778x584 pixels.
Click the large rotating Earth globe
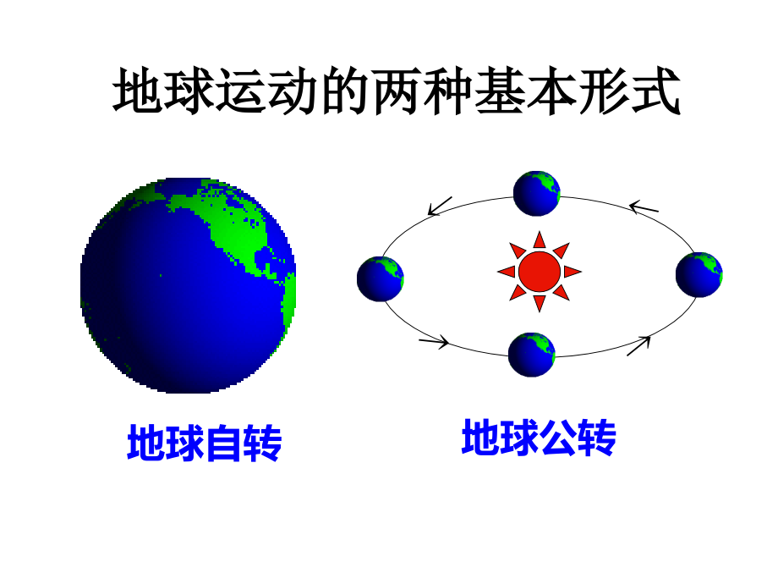188,285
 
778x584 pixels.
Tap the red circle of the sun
540,272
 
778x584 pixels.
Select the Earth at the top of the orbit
536,194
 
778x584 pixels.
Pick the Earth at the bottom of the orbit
531,355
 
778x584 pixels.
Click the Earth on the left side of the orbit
380,279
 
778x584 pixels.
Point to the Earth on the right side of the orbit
699,274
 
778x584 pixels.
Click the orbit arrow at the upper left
440,206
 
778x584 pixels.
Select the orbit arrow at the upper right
644,207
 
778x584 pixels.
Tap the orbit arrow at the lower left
434,342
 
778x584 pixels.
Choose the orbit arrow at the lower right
638,345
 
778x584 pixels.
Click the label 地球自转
205,443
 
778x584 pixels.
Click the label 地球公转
539,438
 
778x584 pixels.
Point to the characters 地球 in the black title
164,91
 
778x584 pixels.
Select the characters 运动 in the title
268,91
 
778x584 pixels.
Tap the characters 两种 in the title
423,91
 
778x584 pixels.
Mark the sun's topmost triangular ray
540,240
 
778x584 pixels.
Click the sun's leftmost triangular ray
507,272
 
